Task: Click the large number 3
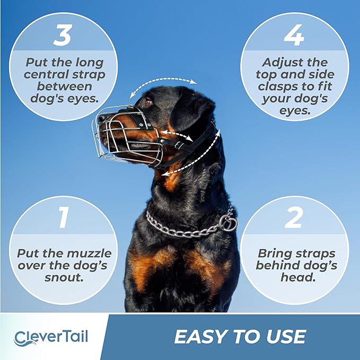point(63,34)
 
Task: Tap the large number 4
point(294,35)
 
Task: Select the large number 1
point(64,217)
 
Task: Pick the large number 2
point(294,217)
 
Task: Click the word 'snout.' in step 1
point(64,277)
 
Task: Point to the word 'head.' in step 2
point(298,277)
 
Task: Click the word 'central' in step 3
point(48,74)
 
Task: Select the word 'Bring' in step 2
point(274,254)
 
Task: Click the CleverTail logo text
point(51,337)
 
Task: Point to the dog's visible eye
point(147,101)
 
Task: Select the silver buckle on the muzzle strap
point(179,145)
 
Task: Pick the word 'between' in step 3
point(64,86)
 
